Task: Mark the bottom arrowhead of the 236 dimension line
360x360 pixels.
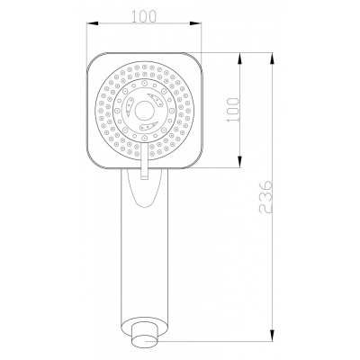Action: (274, 339)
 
